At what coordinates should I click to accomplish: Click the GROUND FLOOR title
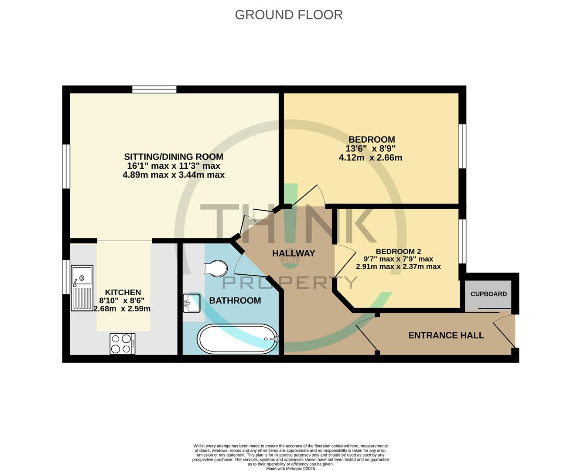tap(289, 15)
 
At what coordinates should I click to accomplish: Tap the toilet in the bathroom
tap(216, 268)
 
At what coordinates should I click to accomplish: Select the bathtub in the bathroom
tap(238, 338)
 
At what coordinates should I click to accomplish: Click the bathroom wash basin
tap(191, 303)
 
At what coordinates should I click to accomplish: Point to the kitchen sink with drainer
tap(82, 288)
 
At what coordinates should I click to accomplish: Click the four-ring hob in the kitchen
tap(122, 343)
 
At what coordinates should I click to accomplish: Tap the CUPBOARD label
tap(489, 294)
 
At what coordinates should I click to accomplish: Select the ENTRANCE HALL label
tap(446, 335)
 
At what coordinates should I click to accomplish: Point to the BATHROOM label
tap(235, 300)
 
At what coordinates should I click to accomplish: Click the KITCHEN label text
tap(123, 292)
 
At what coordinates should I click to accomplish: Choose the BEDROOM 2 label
tap(398, 251)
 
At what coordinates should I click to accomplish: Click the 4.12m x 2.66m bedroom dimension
tap(370, 158)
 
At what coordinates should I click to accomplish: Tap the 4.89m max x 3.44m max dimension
tap(174, 175)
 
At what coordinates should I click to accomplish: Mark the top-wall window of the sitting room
tap(154, 89)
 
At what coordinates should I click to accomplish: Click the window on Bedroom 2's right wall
tap(463, 241)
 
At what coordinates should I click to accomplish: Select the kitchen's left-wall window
tap(66, 277)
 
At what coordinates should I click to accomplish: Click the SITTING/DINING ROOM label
tap(174, 157)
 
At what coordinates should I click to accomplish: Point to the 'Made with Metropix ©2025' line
tap(290, 469)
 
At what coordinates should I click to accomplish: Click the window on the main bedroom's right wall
tap(463, 146)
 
